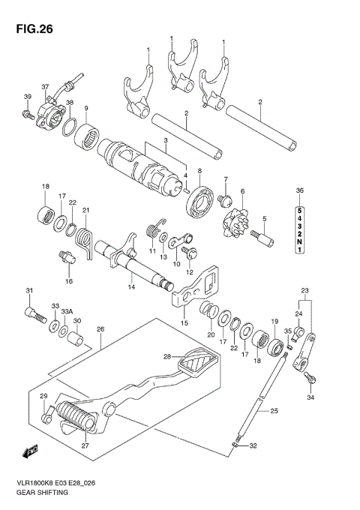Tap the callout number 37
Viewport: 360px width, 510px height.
point(44,86)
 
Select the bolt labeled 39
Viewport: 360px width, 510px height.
point(26,114)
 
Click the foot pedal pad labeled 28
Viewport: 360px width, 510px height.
point(198,367)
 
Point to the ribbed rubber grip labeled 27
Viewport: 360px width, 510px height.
point(76,417)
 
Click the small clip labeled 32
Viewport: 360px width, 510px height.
point(235,448)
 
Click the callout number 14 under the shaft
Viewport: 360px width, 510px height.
point(130,286)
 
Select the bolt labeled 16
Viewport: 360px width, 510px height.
point(66,259)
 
